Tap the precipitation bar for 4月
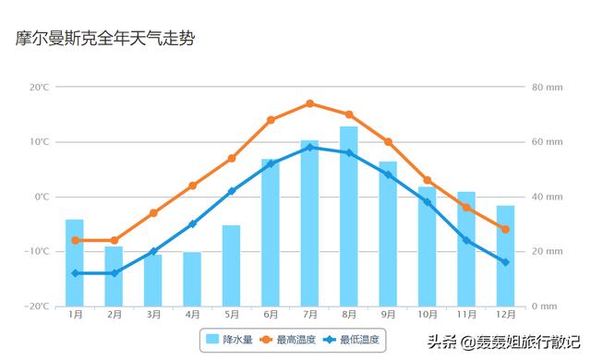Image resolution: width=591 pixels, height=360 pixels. (192, 279)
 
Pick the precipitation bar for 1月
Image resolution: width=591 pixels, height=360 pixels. (75, 263)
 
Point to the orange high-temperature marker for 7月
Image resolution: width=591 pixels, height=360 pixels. (309, 103)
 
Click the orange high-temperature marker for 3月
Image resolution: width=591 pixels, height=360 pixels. (153, 213)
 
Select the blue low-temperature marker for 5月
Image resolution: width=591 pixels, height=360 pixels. (232, 191)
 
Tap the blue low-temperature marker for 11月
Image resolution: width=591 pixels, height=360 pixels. (466, 240)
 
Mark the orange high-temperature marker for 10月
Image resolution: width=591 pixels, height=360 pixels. (427, 180)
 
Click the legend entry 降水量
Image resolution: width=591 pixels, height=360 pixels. (230, 341)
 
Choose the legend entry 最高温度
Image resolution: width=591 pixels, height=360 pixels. (287, 341)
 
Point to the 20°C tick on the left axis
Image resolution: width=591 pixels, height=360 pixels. (40, 88)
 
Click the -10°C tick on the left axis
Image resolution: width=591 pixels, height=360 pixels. (39, 251)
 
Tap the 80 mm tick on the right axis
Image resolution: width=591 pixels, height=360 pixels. (547, 88)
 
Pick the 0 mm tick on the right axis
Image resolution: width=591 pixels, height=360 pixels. (545, 306)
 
